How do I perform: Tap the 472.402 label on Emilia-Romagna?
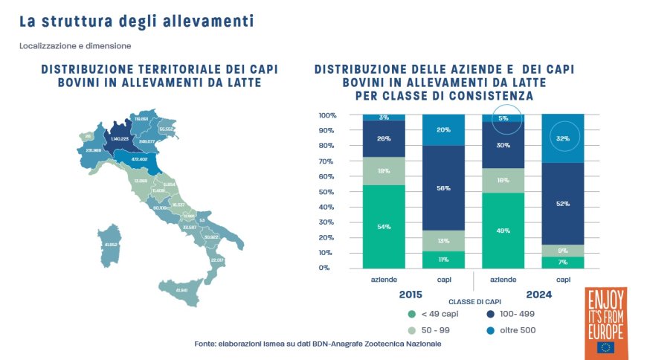point(138,158)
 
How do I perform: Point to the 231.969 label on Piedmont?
point(94,150)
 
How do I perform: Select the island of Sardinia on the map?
point(110,245)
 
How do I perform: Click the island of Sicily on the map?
point(180,290)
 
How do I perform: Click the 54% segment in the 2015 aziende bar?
point(384,226)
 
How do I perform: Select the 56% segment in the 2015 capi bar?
point(443,188)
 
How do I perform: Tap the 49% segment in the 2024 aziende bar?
point(503,230)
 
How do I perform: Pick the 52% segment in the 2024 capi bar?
point(563,204)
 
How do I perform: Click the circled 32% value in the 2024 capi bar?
point(563,138)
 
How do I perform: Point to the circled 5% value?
point(503,118)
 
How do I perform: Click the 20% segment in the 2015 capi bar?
point(443,129)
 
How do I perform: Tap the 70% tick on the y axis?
point(328,161)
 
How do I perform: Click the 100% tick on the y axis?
point(328,115)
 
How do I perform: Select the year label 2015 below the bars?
point(411,295)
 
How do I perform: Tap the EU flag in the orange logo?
point(605,347)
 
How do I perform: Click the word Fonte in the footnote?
point(205,344)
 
